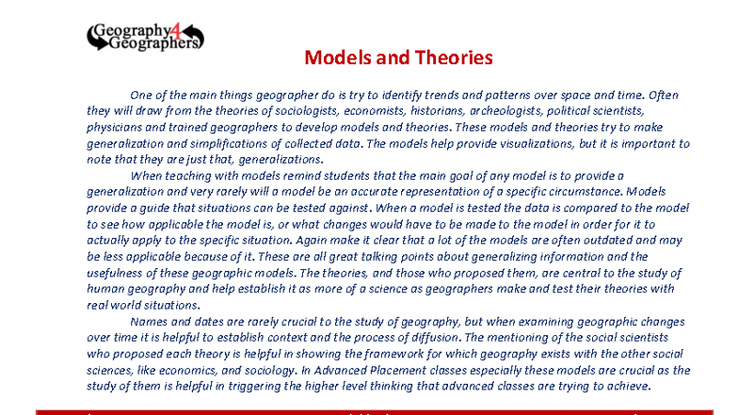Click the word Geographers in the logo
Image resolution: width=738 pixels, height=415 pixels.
152,43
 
